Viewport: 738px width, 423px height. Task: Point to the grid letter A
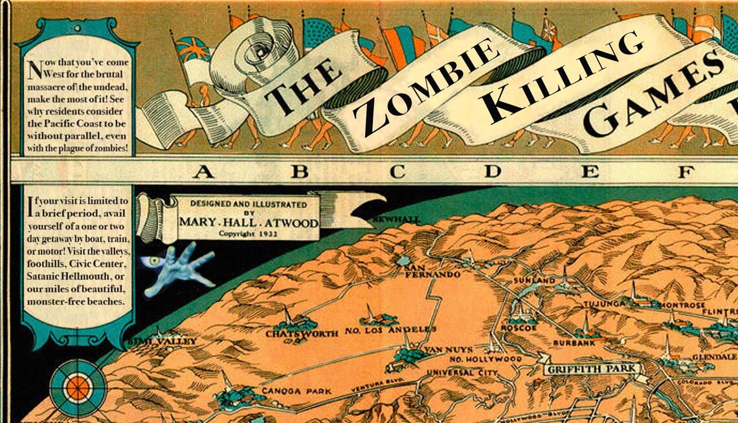point(203,171)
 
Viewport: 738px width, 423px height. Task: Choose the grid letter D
point(494,171)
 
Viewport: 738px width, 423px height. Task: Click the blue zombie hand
point(178,266)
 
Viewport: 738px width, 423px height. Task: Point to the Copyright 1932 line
point(249,233)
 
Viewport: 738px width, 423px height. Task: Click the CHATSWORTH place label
point(302,334)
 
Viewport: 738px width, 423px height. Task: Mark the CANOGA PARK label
point(296,391)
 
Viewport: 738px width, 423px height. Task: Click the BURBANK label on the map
point(570,343)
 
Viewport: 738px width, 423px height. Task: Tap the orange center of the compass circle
point(78,387)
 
